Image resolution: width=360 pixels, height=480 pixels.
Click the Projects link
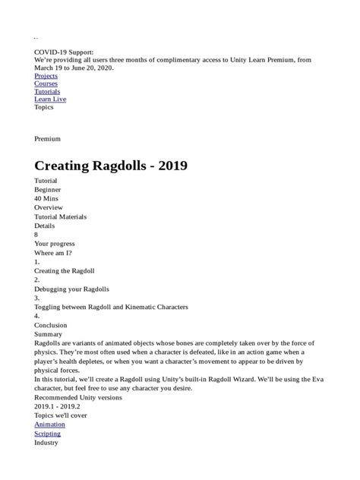pos(46,77)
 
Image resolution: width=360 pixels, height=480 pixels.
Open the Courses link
pos(45,84)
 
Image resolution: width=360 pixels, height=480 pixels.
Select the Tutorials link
pos(47,92)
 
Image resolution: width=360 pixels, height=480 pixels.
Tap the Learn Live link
pos(49,99)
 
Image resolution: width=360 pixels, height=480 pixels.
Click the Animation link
pos(49,425)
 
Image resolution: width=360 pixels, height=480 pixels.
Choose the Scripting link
pos(48,434)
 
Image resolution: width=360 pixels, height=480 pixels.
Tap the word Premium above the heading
pos(47,139)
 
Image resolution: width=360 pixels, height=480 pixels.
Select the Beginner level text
pos(47,189)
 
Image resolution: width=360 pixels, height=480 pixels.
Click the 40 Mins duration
pos(46,198)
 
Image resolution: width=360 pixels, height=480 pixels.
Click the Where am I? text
pos(53,252)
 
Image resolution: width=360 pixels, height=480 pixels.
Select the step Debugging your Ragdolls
pos(71,289)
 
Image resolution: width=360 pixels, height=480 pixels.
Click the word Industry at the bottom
pos(46,442)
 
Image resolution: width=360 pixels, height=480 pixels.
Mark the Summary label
pos(49,333)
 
